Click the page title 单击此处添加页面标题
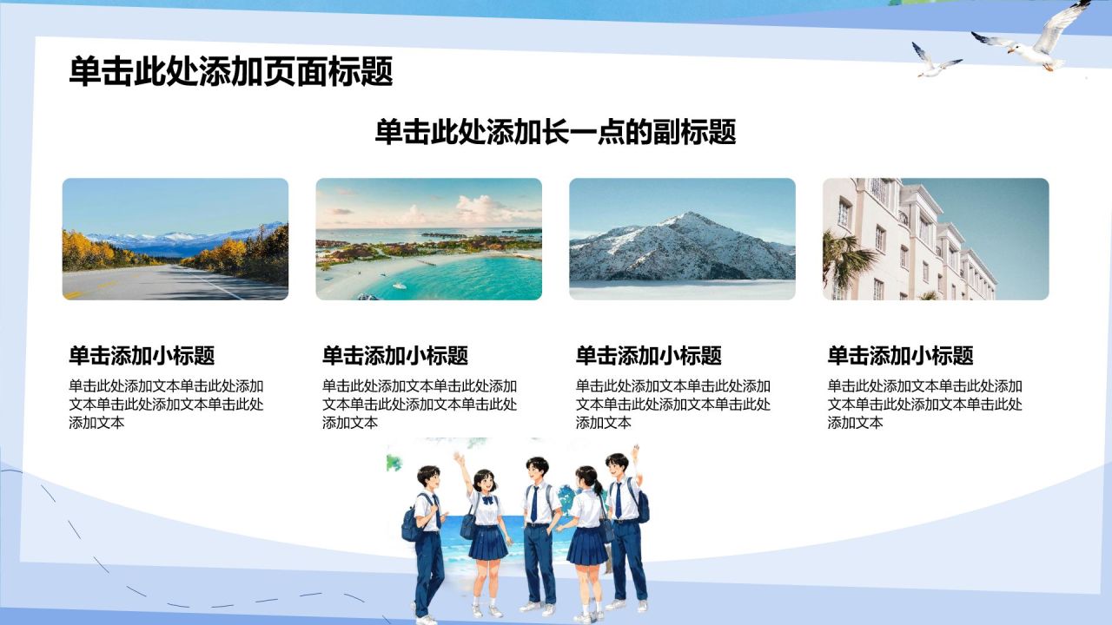[x=231, y=71]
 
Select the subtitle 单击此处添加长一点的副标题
[x=555, y=132]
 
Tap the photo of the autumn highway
[x=175, y=239]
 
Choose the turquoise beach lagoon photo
[x=429, y=239]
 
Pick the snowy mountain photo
[x=682, y=239]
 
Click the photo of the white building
[x=936, y=239]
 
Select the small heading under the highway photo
[x=142, y=356]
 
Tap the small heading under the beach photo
[x=395, y=356]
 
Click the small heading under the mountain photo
[x=648, y=356]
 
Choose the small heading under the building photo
[x=900, y=356]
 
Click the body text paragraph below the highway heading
[x=166, y=405]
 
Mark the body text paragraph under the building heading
[x=925, y=405]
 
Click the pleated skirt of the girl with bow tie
[x=487, y=543]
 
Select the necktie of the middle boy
[x=534, y=503]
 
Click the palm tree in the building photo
[x=844, y=260]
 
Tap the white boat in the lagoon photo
[x=400, y=286]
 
